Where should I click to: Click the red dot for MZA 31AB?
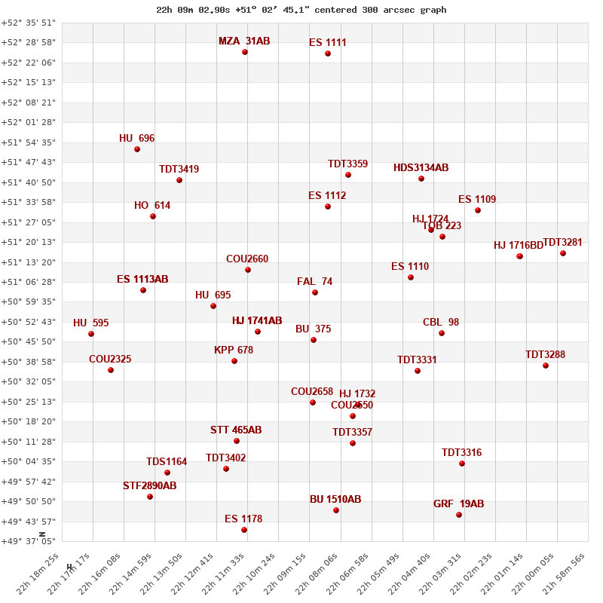coord(245,52)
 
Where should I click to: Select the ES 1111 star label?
coord(328,43)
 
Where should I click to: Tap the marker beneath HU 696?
coord(137,149)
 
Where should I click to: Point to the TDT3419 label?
coord(179,170)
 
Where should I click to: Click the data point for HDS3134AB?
coord(421,179)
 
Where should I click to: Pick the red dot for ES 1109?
coord(478,210)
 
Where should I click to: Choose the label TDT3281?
coord(563,243)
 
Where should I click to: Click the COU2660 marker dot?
coord(248,270)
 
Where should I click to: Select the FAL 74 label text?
coord(315,282)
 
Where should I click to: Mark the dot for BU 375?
coord(314,340)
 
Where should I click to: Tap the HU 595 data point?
coord(91,334)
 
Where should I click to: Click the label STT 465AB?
coord(236,430)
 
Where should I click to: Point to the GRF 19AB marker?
coord(459,515)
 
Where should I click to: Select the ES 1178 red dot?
coord(244,530)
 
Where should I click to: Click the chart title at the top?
coord(301,10)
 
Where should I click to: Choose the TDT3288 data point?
coord(546,366)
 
